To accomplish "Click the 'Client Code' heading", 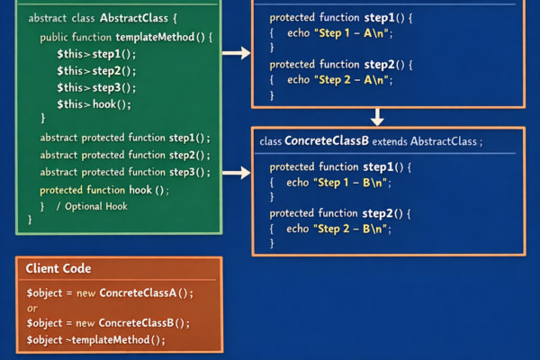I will tap(58, 269).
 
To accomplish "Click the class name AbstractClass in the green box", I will tap(131, 18).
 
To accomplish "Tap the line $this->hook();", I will tap(94, 104).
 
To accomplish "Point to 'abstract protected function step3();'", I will tap(124, 172).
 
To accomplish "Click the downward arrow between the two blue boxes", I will tap(378, 117).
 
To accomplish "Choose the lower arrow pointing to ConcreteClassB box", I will tap(235, 171).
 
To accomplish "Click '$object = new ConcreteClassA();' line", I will tap(110, 293).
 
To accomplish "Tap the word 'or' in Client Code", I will tap(31, 309).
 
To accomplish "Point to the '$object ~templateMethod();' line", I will tap(96, 339).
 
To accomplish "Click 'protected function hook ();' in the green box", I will tap(104, 190).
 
